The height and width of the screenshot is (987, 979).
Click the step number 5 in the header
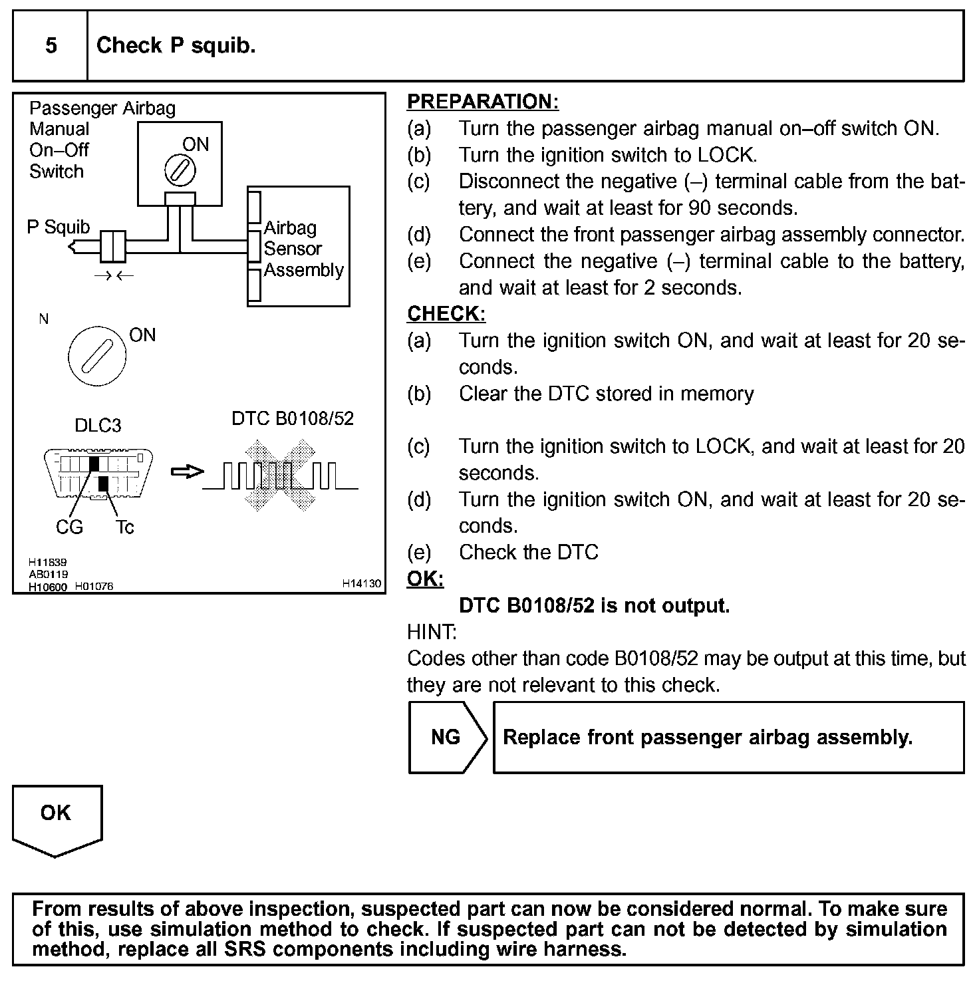[51, 46]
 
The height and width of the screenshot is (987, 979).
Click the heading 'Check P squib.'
[176, 46]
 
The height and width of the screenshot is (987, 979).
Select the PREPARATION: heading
[482, 102]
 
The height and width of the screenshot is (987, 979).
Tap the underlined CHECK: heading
[446, 313]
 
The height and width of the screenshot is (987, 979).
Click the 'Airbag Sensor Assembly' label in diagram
[303, 249]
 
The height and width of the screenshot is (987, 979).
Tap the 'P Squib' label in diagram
[58, 227]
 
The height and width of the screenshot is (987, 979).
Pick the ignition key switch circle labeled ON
[97, 358]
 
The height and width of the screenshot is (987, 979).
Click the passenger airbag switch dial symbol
[180, 171]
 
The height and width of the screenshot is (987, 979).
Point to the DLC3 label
[98, 426]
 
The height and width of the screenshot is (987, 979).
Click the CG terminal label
[69, 527]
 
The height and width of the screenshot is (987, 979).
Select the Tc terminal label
[124, 527]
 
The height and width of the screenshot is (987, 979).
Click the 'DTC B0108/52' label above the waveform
[293, 418]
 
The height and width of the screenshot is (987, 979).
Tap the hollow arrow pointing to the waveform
[187, 472]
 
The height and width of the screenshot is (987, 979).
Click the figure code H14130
[362, 583]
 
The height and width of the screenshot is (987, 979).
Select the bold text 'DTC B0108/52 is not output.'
[594, 606]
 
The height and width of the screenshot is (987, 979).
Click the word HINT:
[432, 632]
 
